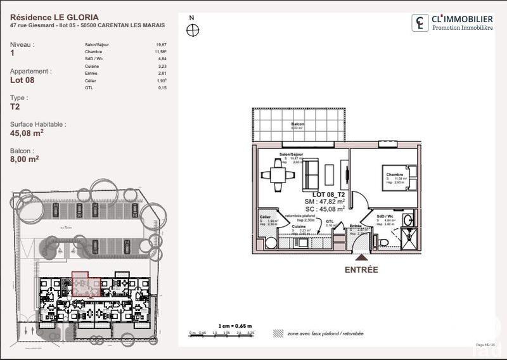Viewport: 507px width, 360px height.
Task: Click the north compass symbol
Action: (193, 30)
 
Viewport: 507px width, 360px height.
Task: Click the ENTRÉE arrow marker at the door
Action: (361, 257)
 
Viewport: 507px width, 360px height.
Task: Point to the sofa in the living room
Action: (311, 172)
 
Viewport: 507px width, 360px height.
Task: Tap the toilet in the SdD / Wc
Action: (383, 241)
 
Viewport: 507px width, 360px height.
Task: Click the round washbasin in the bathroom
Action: (409, 220)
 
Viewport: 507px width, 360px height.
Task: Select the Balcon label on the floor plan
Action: (297, 125)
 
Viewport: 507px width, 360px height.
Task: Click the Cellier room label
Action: (264, 217)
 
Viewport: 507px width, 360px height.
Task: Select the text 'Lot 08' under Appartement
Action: (22, 80)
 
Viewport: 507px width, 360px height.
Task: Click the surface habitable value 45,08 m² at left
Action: (27, 134)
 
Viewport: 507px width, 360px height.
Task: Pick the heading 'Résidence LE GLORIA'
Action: (54, 17)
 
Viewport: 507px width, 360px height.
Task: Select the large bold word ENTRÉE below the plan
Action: (361, 269)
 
